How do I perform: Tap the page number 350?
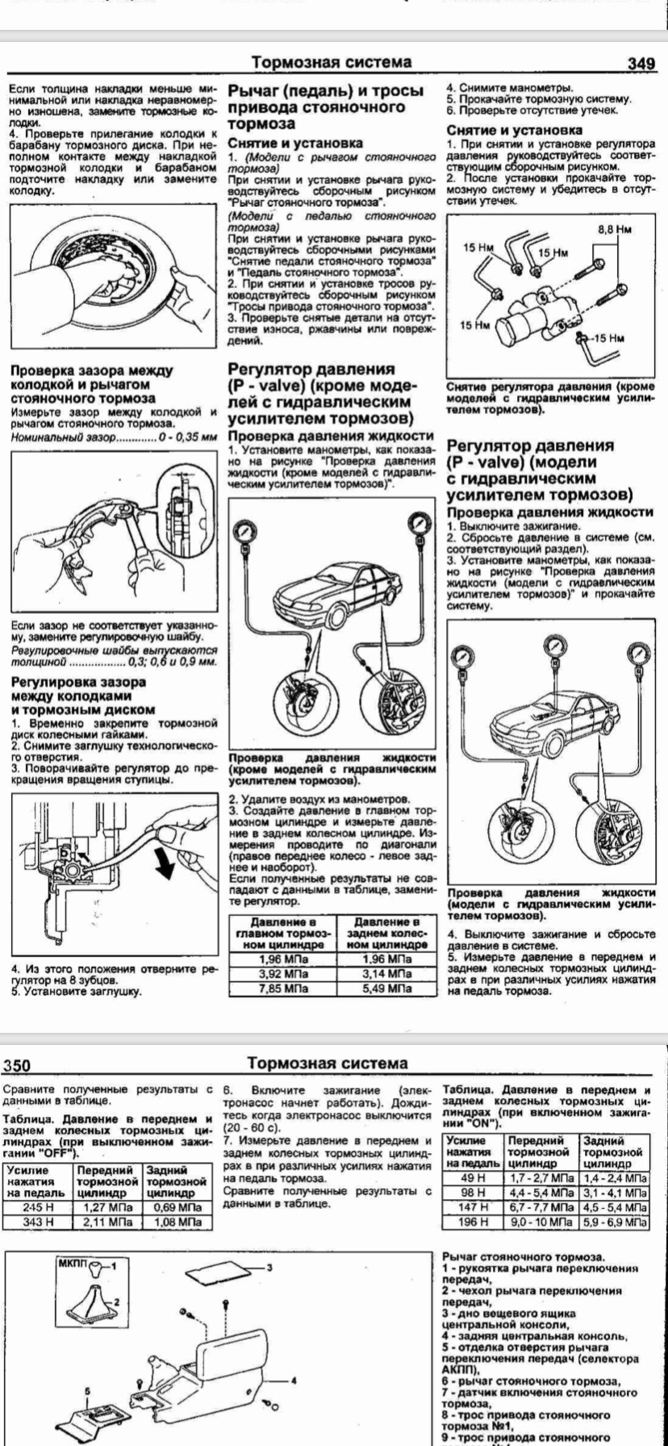click(18, 1066)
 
